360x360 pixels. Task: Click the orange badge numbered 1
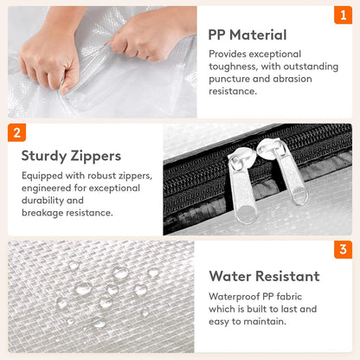(343, 15)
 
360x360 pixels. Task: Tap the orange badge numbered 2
(16, 132)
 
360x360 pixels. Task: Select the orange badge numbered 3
(343, 249)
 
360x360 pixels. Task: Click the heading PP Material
(247, 35)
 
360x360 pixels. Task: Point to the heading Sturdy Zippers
(71, 157)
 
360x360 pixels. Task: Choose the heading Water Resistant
(264, 276)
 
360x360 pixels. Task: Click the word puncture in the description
(225, 79)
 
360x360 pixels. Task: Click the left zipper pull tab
(241, 184)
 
